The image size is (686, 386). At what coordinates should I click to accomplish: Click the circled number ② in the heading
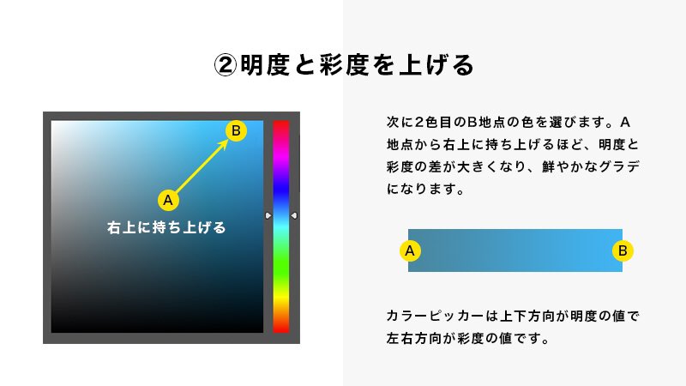[225, 65]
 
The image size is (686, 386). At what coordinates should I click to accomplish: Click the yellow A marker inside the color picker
[168, 200]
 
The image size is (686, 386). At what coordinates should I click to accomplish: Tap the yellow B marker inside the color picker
[236, 130]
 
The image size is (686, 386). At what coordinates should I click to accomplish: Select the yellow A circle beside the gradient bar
[410, 250]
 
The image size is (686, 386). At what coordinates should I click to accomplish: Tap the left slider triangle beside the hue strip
[268, 216]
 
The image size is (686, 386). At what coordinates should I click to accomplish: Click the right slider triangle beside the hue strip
[294, 216]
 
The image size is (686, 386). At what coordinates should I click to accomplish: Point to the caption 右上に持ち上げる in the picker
[166, 228]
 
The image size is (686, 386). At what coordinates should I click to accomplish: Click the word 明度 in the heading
[265, 65]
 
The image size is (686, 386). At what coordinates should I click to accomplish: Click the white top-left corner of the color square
[57, 125]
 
